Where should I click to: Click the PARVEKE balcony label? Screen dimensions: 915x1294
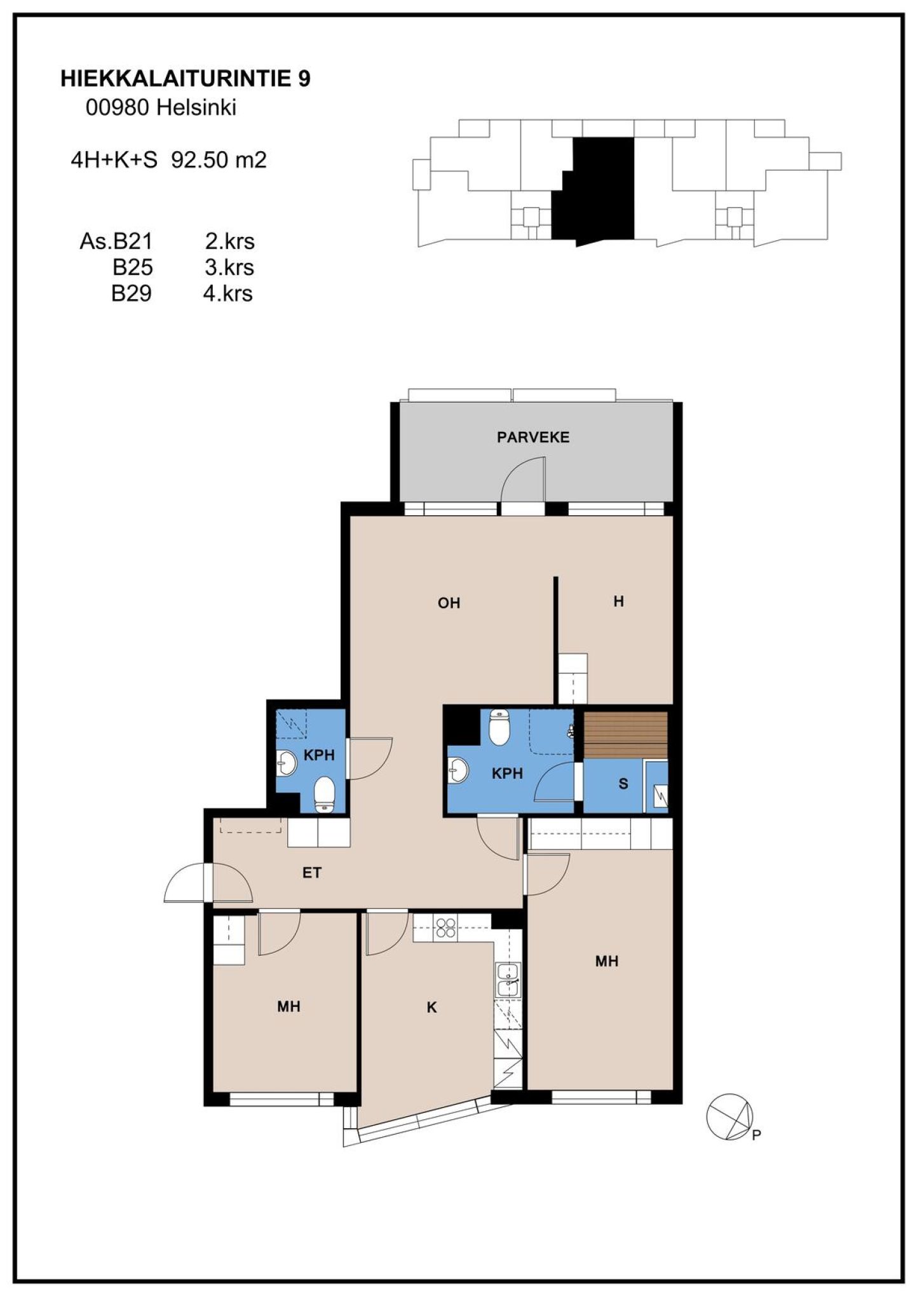click(x=533, y=437)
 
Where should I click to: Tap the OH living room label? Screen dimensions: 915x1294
click(x=449, y=603)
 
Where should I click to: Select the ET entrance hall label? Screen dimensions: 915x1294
click(x=311, y=873)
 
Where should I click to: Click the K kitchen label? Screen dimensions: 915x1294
click(x=432, y=1007)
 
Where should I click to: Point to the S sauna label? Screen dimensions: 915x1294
click(x=623, y=784)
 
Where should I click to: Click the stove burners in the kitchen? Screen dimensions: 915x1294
click(x=445, y=929)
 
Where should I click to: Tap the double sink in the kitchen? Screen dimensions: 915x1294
click(x=508, y=979)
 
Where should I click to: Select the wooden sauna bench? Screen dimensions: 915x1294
click(x=626, y=735)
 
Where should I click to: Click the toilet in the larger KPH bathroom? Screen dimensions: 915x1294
click(x=500, y=727)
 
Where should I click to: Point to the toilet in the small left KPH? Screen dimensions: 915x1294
click(x=325, y=794)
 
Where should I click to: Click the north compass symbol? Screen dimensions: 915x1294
click(x=730, y=1117)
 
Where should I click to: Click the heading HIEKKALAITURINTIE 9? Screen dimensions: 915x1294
click(x=186, y=79)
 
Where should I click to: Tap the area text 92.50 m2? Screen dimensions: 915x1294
click(x=219, y=159)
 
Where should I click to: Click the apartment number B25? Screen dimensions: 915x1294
click(x=132, y=267)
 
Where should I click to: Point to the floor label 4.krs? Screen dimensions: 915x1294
click(x=228, y=293)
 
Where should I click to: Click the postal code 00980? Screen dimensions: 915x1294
click(x=118, y=107)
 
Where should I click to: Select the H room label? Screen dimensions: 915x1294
click(x=619, y=601)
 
